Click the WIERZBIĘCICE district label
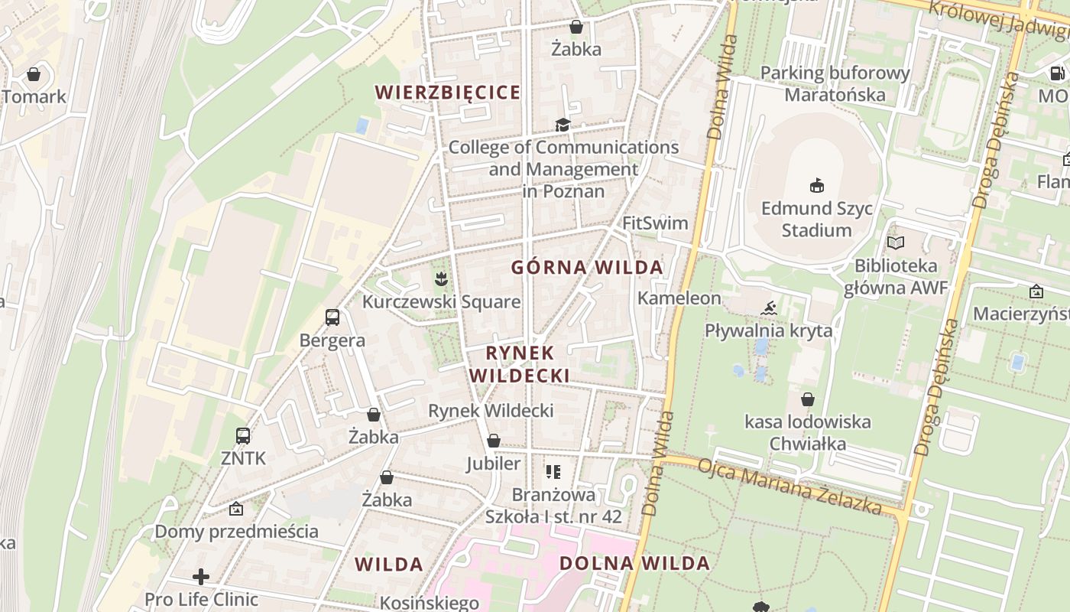coord(448,93)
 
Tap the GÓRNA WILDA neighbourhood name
coord(587,268)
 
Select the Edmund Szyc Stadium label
coord(817,219)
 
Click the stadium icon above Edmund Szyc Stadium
coord(817,185)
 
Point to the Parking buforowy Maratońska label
coord(835,84)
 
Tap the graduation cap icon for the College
coord(563,125)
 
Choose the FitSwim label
coord(655,223)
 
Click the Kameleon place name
coord(679,298)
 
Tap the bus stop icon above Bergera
coord(332,317)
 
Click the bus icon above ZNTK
coord(243,436)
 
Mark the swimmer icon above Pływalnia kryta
coord(769,308)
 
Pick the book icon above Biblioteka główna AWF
coord(896,243)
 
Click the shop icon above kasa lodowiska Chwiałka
coord(808,399)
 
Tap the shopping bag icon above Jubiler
coord(494,441)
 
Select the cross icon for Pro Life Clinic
coord(201,576)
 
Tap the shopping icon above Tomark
coord(34,74)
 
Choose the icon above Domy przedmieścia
coord(236,509)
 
